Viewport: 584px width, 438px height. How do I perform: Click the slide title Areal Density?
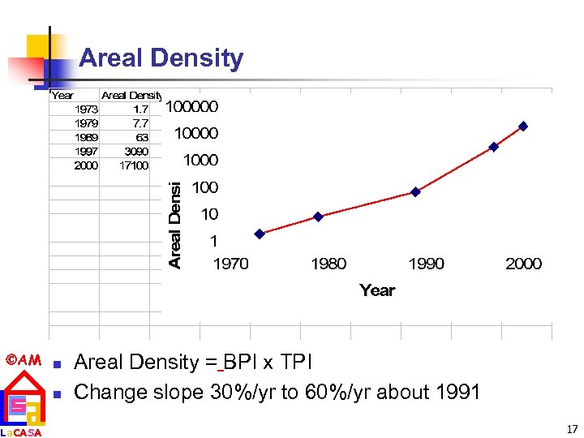point(161,58)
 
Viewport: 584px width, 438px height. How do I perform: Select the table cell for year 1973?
point(86,109)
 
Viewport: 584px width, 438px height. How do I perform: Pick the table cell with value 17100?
point(133,165)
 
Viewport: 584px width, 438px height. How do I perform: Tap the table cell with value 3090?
point(135,152)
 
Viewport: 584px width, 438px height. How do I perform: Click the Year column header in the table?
point(62,95)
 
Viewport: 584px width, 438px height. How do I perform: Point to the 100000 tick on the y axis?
point(192,106)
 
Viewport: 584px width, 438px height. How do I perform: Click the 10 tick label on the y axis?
point(209,215)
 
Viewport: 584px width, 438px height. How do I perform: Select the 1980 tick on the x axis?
point(328,264)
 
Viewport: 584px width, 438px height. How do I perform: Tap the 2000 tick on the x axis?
point(523,264)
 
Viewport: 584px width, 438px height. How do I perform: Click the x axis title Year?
point(377,290)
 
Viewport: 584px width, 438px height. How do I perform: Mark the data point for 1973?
point(260,234)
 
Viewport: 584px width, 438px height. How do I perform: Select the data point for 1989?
point(415,192)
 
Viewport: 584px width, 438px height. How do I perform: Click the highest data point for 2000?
point(523,127)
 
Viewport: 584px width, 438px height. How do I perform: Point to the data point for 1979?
point(318,217)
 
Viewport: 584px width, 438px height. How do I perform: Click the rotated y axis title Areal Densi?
point(175,225)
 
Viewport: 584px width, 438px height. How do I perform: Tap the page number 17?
point(572,429)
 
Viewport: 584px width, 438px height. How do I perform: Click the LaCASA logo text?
point(21,432)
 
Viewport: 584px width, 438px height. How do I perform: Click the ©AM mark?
point(23,359)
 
